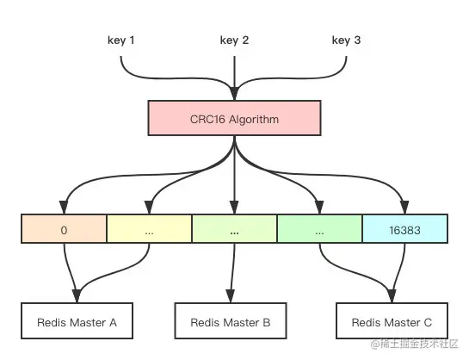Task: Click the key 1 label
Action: (x=120, y=40)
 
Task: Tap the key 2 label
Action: (x=234, y=40)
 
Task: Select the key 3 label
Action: (x=346, y=40)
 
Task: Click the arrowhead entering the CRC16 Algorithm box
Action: (x=234, y=94)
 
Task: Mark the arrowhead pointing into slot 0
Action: (x=64, y=208)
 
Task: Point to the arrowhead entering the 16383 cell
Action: (x=404, y=208)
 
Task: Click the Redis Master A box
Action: (x=77, y=322)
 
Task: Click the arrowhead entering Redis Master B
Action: (x=234, y=298)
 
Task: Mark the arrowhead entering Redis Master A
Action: (x=77, y=298)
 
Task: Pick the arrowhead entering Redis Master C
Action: (x=391, y=298)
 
